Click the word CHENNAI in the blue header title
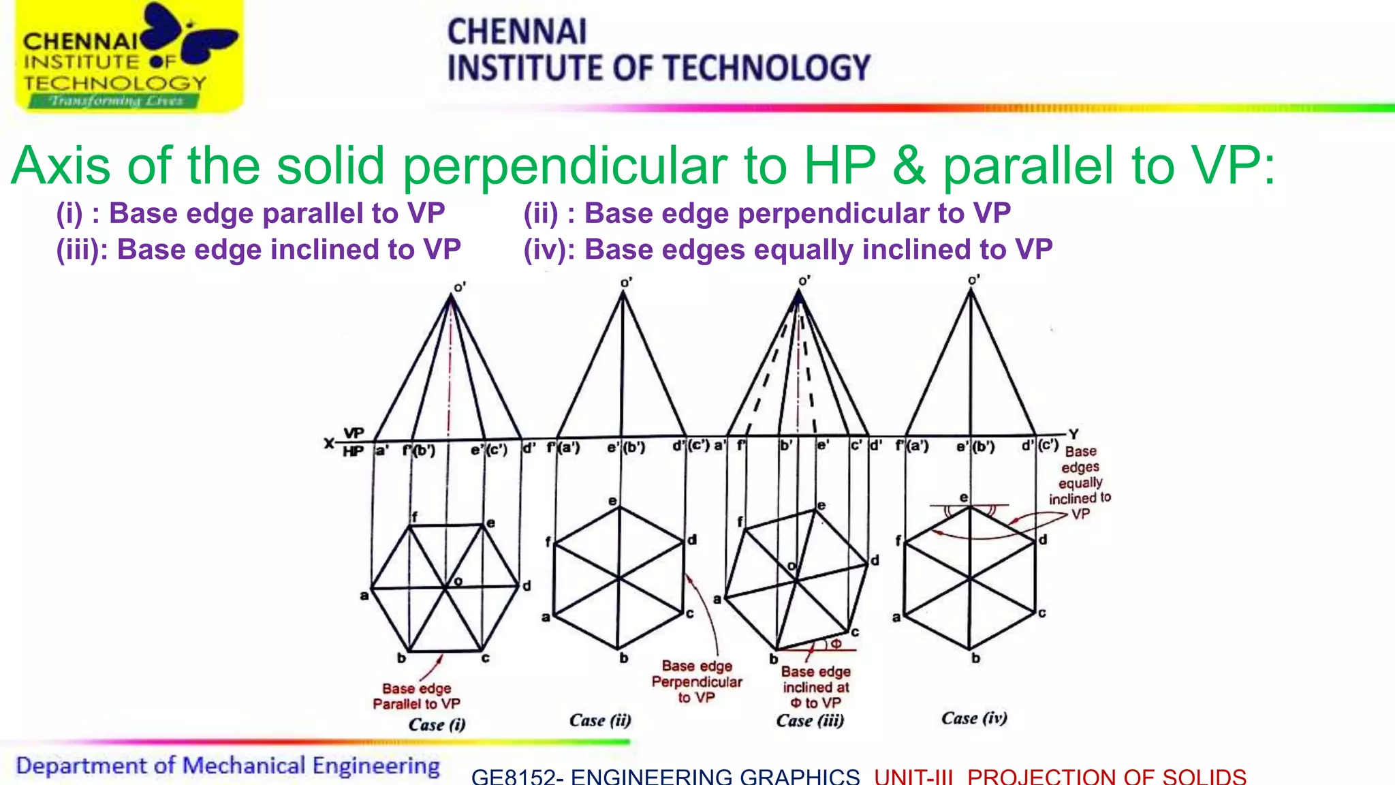point(516,32)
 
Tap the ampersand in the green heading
point(909,166)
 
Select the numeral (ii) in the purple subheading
point(541,213)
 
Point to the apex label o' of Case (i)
point(460,288)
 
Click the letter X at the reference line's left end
point(329,444)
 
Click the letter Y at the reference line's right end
point(1073,434)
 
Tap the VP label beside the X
point(354,433)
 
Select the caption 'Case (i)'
point(437,724)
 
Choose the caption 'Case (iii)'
point(809,720)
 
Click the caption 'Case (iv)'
point(974,718)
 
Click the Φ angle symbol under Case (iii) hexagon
point(836,643)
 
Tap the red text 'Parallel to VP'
point(416,704)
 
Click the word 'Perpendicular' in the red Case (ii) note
point(696,681)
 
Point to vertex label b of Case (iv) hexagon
point(975,658)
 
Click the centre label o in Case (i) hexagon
point(458,581)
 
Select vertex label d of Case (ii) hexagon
point(691,540)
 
